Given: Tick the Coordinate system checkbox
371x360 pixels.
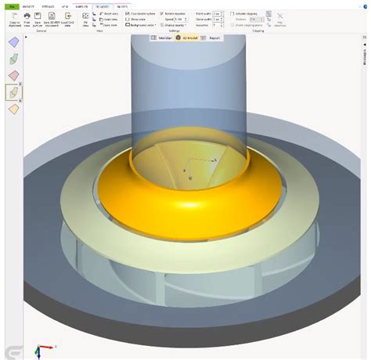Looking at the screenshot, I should [128, 14].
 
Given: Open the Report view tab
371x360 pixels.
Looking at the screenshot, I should [211, 37].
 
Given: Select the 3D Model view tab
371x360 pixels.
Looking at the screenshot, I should [187, 37].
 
